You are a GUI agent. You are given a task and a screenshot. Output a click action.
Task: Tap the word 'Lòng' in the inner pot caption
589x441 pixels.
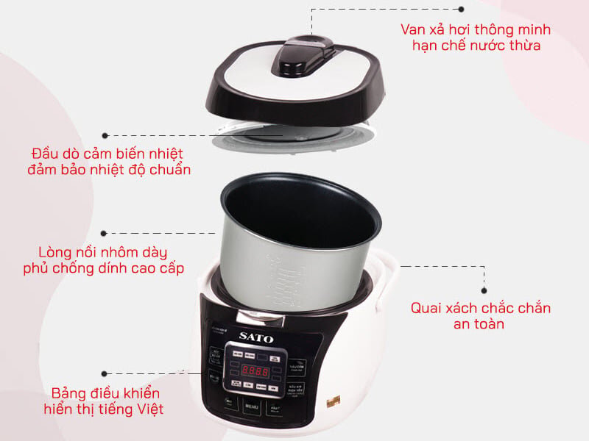tap(56, 251)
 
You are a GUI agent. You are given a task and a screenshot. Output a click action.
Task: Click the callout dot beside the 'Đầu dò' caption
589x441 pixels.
tap(106, 136)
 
